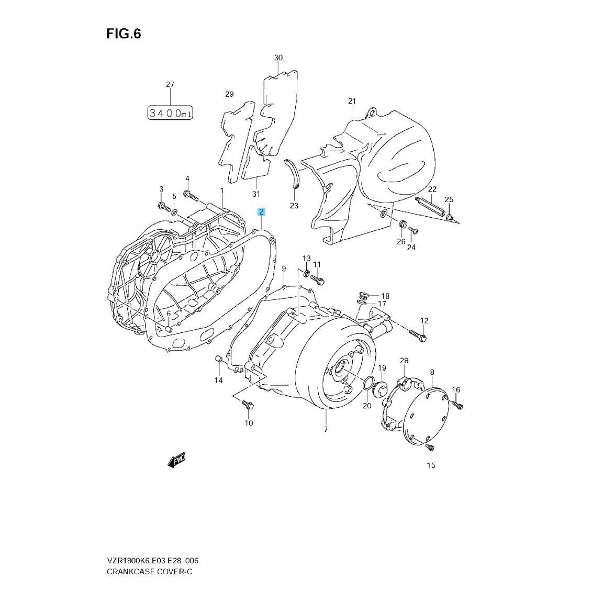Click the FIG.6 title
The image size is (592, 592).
point(124,34)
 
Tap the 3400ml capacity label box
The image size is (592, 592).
point(170,113)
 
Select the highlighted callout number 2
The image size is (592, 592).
point(261,212)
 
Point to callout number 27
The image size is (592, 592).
point(170,85)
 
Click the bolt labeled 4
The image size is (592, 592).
point(191,196)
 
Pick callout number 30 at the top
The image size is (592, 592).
point(278,58)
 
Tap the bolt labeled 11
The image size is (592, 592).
point(317,280)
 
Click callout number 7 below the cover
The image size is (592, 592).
point(326,430)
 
